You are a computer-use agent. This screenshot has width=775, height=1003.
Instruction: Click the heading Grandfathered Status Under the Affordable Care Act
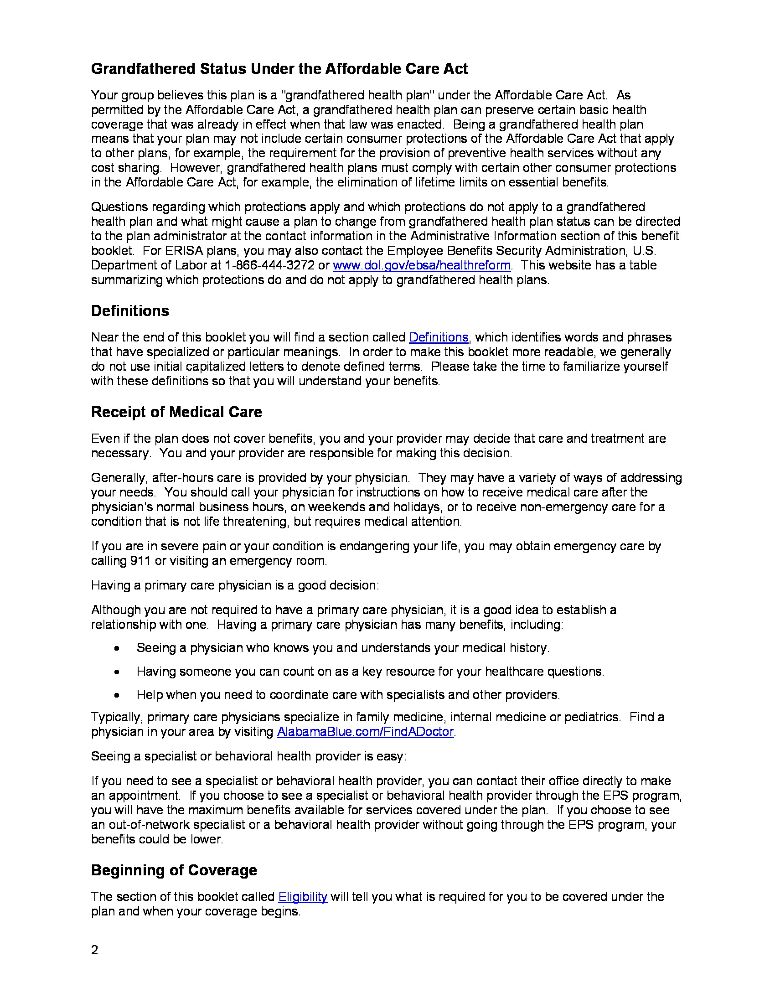279,69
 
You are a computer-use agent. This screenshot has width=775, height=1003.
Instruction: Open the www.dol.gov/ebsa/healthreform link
422,265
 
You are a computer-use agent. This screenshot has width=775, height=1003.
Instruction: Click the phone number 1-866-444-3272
269,265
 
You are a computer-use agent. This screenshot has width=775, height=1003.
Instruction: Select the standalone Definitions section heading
130,311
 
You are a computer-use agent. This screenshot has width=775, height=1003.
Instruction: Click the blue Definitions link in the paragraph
439,337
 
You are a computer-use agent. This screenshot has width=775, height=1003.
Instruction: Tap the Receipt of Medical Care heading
176,412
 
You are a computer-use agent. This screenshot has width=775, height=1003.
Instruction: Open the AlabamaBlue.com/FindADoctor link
365,732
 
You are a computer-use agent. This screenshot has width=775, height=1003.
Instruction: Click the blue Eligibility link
303,896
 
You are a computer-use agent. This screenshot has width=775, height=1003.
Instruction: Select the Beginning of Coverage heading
174,870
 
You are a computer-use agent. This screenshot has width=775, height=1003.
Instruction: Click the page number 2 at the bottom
94,950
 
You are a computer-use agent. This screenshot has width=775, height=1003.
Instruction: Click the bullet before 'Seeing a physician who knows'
118,648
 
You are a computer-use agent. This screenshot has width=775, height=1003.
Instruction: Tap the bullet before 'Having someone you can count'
118,672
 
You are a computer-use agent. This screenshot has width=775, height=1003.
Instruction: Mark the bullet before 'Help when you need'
118,695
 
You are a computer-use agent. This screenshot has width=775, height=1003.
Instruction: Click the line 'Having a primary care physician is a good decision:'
235,585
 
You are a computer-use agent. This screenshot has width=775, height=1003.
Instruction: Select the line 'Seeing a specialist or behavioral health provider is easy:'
248,756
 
